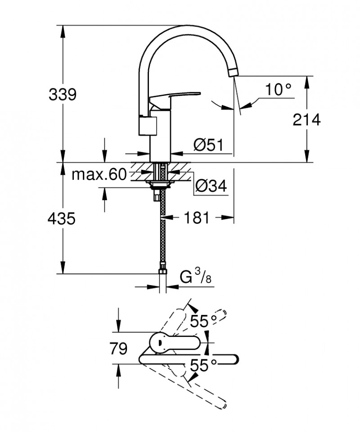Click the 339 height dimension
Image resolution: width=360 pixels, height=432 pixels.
pyautogui.click(x=63, y=95)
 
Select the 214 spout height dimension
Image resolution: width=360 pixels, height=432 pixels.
pyautogui.click(x=306, y=119)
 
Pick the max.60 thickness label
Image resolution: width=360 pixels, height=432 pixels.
pyautogui.click(x=99, y=174)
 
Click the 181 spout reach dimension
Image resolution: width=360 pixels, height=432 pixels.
pyautogui.click(x=197, y=218)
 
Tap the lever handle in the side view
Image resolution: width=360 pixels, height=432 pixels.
pyautogui.click(x=175, y=96)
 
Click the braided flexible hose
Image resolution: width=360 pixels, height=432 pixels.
pyautogui.click(x=161, y=234)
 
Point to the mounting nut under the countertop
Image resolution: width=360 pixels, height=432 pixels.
pyautogui.click(x=158, y=183)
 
